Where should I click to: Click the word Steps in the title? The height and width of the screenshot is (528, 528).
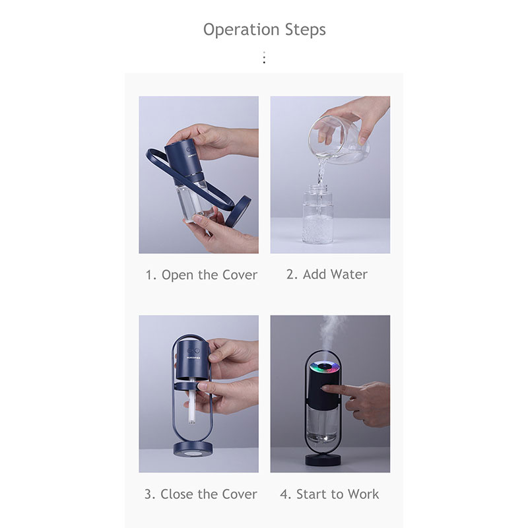point(306,29)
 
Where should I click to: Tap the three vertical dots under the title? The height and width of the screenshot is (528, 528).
point(265,57)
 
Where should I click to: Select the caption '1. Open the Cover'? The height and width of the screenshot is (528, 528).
point(201,275)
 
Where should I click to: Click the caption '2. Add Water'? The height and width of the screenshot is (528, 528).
point(327,274)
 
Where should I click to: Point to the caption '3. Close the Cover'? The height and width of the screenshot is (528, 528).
point(201,494)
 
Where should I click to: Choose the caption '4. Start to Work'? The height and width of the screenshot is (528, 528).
point(329,494)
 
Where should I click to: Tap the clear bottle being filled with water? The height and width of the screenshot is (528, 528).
point(318,213)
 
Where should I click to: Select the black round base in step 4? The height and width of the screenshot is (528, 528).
point(323,459)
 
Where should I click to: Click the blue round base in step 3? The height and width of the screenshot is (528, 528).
point(193,449)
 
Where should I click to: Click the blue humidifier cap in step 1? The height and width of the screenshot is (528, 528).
point(183,160)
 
